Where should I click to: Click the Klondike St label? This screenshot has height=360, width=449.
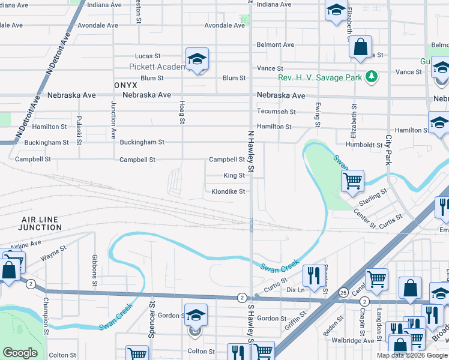tap(228, 192)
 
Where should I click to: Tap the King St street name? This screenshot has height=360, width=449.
tap(234, 176)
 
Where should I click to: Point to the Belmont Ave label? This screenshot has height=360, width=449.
tap(276, 45)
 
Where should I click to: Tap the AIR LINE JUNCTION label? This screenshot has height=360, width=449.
tap(40, 224)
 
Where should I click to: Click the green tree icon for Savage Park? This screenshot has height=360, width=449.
tap(372, 76)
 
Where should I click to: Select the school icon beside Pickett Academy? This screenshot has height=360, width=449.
tap(196, 59)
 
